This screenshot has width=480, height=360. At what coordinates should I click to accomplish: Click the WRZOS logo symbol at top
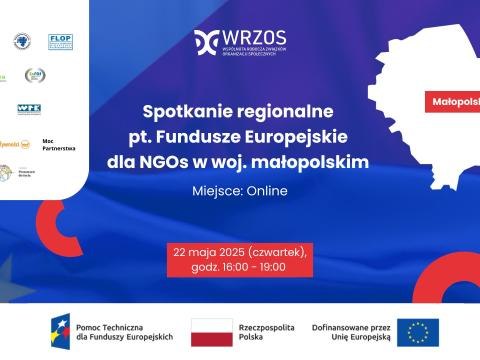click(207, 40)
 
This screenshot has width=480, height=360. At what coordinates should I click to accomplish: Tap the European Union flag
click(417, 331)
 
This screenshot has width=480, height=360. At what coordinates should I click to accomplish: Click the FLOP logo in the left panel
click(61, 41)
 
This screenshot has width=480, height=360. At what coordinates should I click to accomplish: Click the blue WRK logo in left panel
click(28, 109)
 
